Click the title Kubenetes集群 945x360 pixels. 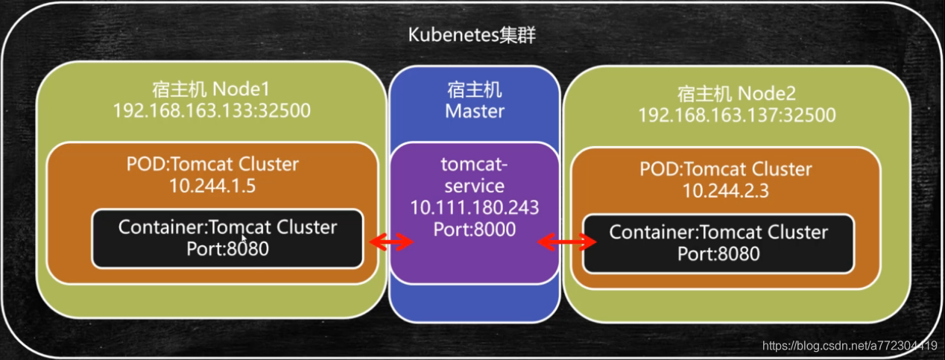point(472,36)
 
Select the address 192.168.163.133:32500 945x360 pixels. point(211,111)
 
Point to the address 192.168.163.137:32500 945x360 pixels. point(736,116)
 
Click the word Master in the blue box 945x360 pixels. point(475,111)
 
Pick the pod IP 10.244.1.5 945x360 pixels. point(211,186)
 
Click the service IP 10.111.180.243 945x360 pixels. point(475,208)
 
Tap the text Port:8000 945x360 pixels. point(475,230)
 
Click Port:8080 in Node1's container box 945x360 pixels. point(227,248)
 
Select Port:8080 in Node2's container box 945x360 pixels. point(718,253)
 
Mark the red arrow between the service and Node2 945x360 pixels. point(567,241)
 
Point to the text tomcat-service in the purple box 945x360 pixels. point(475,174)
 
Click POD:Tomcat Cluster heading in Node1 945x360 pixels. point(211,165)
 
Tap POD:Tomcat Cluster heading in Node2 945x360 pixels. point(726,169)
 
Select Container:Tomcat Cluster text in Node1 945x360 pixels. point(227,227)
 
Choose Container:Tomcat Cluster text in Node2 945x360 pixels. point(718,232)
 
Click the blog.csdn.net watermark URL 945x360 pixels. point(850,345)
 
